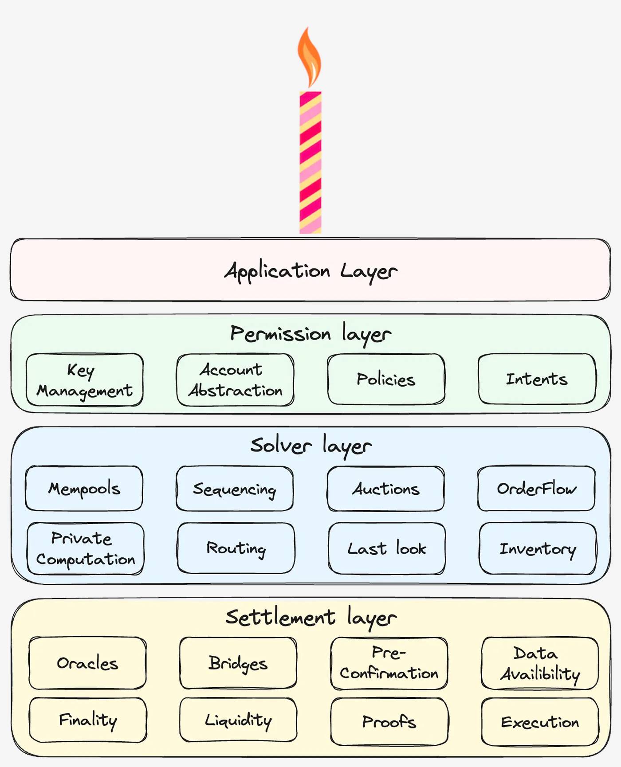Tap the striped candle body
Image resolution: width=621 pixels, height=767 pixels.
point(310,162)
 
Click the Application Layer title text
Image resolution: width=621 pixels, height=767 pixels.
point(310,271)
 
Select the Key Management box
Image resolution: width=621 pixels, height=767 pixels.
point(85,380)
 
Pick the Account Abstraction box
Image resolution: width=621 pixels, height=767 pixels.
point(235,380)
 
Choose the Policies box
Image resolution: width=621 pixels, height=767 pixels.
point(386,380)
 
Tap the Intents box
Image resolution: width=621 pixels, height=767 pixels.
point(537,379)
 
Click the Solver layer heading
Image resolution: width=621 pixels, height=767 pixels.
point(310,446)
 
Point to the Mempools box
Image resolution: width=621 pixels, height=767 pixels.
point(84,488)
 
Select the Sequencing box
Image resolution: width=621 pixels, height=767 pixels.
point(235,489)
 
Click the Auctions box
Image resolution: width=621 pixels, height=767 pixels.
point(385,489)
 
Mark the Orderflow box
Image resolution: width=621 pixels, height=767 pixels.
point(536,488)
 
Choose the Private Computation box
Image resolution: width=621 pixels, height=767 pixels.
point(86,549)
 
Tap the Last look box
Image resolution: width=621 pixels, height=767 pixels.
point(387,549)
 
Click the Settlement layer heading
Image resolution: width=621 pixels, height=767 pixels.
point(310,618)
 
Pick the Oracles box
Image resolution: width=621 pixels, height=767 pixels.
point(87,663)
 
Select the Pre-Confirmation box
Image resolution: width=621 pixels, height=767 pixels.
point(389,663)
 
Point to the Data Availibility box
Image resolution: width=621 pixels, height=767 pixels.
point(540,663)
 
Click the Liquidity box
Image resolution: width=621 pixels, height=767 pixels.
point(238,720)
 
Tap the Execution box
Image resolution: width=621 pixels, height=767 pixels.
point(540,722)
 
